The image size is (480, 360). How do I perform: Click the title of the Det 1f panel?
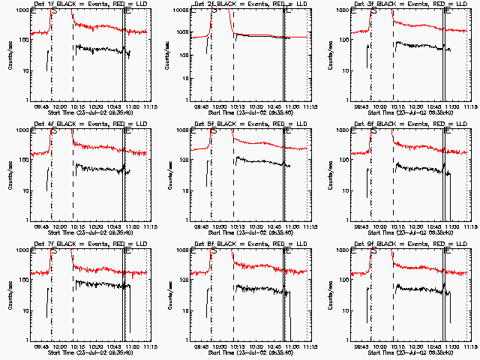click(83, 4)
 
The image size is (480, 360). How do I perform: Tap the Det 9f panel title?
click(403, 244)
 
